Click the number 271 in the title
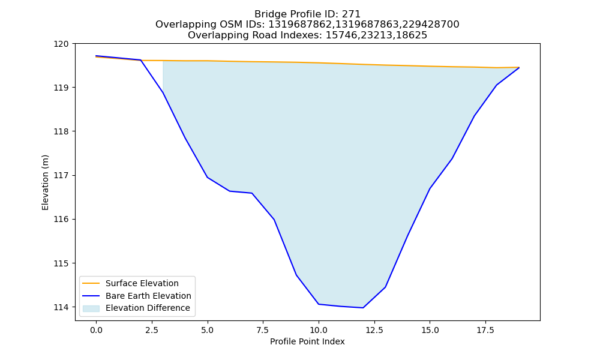point(350,14)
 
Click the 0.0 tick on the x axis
point(96,330)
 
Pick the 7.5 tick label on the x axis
point(263,330)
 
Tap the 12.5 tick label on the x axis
point(374,330)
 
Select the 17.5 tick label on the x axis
point(485,330)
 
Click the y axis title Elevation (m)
point(45,182)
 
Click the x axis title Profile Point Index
point(307,341)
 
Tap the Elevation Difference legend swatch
point(91,308)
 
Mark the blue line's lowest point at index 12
point(363,308)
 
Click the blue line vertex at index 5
point(208,177)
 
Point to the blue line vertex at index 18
point(497,85)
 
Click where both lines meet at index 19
point(519,67)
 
